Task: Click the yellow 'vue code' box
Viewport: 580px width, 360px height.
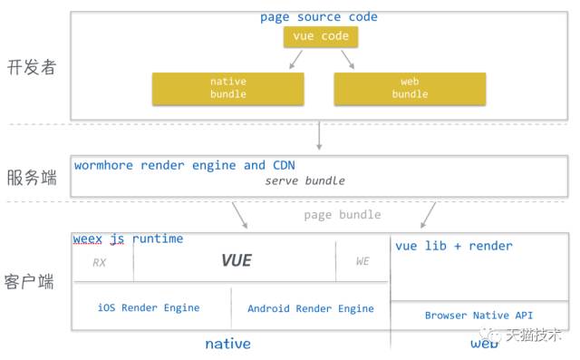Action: pos(320,37)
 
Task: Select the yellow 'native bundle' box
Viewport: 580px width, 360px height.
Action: pos(227,88)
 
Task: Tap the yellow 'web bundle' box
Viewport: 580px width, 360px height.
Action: pos(410,88)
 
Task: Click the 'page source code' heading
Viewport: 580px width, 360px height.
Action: pos(318,17)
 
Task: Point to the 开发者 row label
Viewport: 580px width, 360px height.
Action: pos(32,67)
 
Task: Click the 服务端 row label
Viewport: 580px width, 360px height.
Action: pos(32,177)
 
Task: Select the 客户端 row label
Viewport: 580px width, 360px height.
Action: pos(32,282)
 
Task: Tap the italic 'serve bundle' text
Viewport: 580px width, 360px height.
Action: pos(304,181)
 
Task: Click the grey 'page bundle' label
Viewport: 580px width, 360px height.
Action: pos(343,215)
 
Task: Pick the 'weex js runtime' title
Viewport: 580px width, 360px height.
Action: pos(128,238)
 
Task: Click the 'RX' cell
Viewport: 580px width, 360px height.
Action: pos(101,263)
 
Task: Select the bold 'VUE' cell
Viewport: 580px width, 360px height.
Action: pos(236,261)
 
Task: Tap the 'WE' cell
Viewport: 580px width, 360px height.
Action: pos(362,262)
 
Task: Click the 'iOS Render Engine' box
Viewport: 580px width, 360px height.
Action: pos(149,308)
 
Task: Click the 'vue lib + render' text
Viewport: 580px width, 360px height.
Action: pos(453,246)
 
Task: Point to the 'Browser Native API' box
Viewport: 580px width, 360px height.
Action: pos(478,316)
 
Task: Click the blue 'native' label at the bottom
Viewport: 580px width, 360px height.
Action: pos(227,345)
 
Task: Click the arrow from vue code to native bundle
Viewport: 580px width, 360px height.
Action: pos(295,60)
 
